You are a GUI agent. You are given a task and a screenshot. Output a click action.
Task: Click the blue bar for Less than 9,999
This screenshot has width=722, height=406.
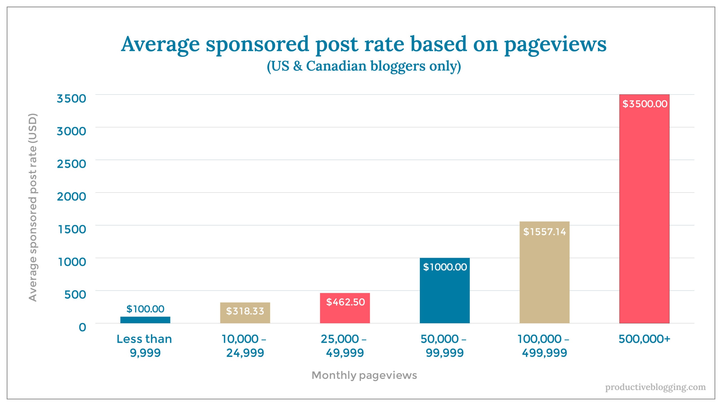(145, 320)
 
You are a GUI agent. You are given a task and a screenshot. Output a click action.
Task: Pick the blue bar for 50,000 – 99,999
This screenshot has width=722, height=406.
(445, 296)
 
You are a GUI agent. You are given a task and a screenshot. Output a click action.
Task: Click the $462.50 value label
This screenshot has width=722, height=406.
(345, 302)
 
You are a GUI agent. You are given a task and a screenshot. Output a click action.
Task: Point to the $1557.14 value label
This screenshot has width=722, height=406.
(544, 232)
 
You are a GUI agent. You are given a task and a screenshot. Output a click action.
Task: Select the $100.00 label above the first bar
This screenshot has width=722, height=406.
(145, 309)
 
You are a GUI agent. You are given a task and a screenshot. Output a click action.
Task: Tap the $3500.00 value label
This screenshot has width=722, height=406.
(645, 104)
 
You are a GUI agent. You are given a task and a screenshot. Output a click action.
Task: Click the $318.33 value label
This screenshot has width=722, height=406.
(245, 311)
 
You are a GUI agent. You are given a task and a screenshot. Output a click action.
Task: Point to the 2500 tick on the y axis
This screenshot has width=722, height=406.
(71, 164)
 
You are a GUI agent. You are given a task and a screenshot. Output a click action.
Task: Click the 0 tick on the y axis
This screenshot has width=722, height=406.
(82, 327)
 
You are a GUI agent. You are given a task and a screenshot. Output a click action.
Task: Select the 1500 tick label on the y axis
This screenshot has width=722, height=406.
(72, 229)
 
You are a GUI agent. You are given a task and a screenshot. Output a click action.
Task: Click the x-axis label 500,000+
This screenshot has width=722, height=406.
(644, 339)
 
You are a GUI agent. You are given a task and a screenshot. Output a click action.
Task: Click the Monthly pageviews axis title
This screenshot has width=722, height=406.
(364, 375)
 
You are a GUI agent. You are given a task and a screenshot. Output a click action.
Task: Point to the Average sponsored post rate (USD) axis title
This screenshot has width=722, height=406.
(33, 207)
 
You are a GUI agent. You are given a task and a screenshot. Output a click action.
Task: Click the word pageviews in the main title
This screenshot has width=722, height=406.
(555, 45)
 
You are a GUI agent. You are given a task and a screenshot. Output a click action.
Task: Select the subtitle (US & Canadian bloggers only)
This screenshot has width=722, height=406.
(364, 66)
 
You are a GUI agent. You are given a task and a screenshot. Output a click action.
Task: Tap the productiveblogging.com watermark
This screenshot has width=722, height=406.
(655, 387)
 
